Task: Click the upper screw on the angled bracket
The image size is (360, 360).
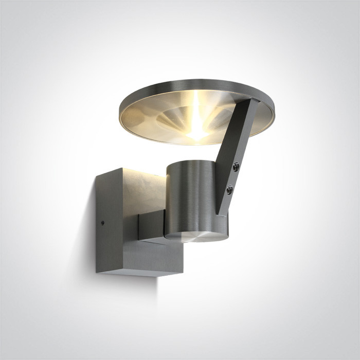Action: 236,166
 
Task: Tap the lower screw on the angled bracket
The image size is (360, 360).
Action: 229,189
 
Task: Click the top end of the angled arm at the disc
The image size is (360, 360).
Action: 253,103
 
